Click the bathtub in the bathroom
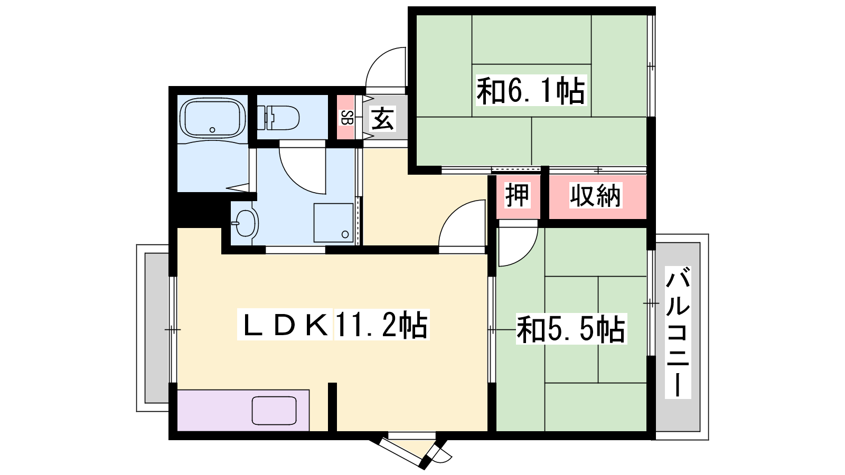[x=213, y=118]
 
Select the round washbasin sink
[x=245, y=223]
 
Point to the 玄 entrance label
[x=382, y=119]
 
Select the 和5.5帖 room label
[x=571, y=329]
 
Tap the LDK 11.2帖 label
[x=333, y=325]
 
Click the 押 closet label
[x=517, y=195]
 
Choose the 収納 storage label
[x=595, y=195]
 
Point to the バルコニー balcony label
[x=678, y=332]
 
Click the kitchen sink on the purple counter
[x=274, y=411]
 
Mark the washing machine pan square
[x=333, y=223]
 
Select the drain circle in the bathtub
[x=212, y=130]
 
